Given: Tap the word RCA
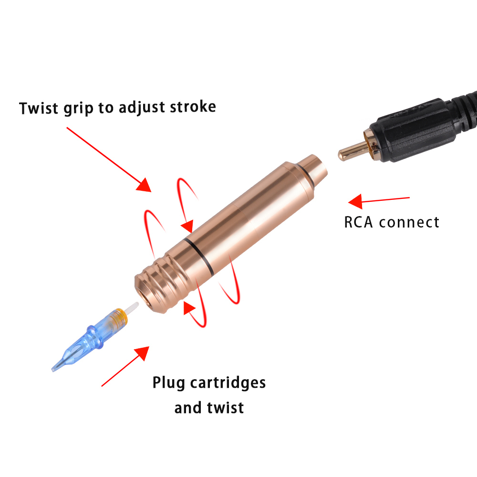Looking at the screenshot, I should tap(360, 222).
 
